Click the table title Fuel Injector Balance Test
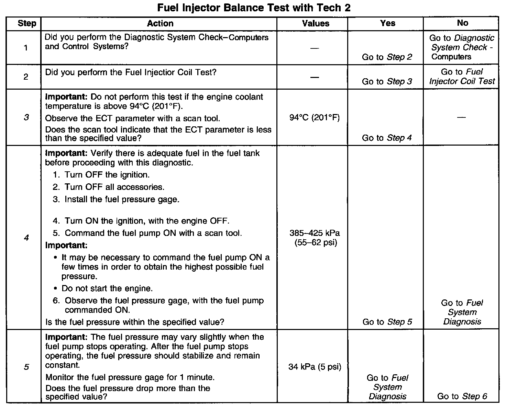pyautogui.click(x=254, y=8)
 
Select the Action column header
pyautogui.click(x=160, y=23)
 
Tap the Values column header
pyautogui.click(x=316, y=23)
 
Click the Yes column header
pyautogui.click(x=387, y=23)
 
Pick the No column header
pyautogui.click(x=462, y=23)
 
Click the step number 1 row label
pyautogui.click(x=26, y=47)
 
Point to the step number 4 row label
pyautogui.click(x=26, y=237)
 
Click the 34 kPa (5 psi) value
pyautogui.click(x=315, y=367)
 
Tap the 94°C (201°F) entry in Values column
pyautogui.click(x=315, y=118)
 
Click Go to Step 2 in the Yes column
pyautogui.click(x=387, y=57)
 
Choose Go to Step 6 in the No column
pyautogui.click(x=462, y=396)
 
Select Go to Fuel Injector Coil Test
pyautogui.click(x=462, y=77)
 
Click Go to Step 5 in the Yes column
pyautogui.click(x=387, y=322)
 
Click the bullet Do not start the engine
pyautogui.click(x=107, y=288)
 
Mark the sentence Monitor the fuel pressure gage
pyautogui.click(x=130, y=377)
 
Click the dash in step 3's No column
pyautogui.click(x=462, y=117)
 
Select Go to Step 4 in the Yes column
pyautogui.click(x=387, y=138)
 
